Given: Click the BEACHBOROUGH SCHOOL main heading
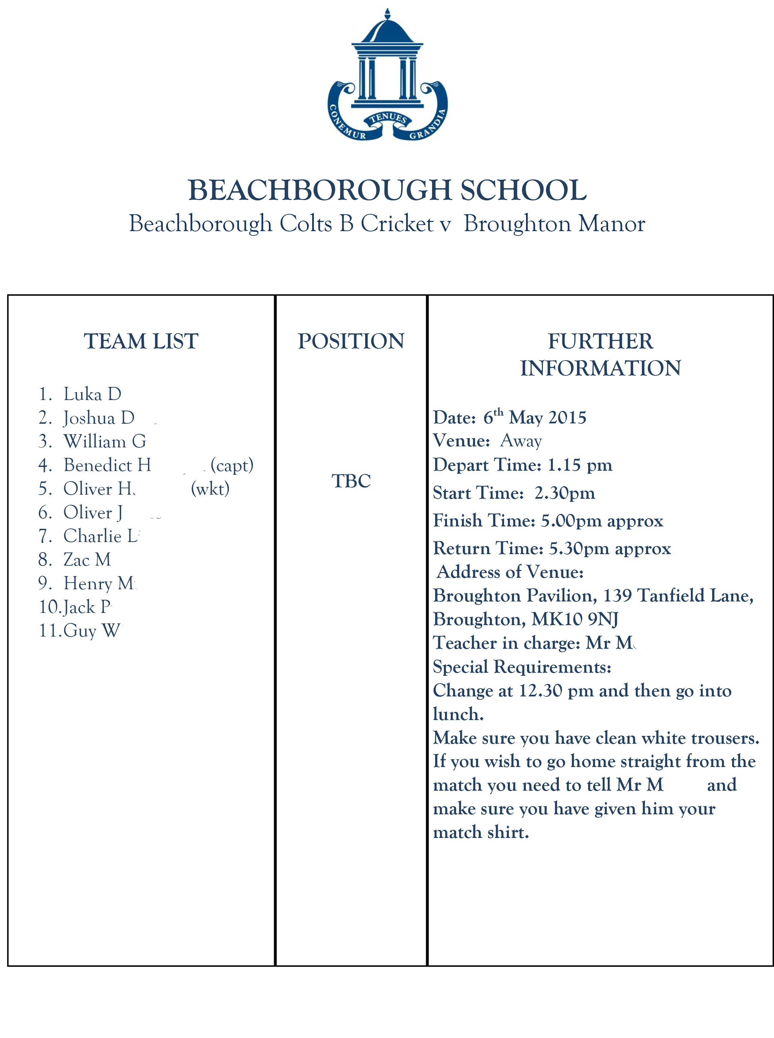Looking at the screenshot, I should click(x=387, y=190).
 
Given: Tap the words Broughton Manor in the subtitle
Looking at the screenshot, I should click(x=554, y=224).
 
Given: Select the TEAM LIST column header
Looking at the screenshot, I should click(x=141, y=341).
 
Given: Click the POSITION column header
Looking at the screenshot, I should click(x=351, y=341).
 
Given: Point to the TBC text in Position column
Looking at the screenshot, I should click(x=351, y=481).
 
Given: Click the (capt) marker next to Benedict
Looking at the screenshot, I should click(x=232, y=465).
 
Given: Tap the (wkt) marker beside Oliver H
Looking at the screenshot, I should click(x=210, y=489).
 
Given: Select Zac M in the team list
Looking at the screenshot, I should click(x=87, y=560).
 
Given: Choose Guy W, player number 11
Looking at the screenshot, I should click(x=92, y=631).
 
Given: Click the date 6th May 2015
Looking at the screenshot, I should click(x=534, y=417).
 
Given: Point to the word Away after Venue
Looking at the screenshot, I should click(x=521, y=441).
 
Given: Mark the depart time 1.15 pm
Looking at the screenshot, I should click(x=579, y=465).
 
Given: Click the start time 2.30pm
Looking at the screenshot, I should click(x=565, y=493).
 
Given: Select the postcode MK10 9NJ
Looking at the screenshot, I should click(x=575, y=619).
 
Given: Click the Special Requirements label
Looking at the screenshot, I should click(x=522, y=667).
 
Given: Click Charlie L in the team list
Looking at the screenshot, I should click(x=101, y=536).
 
